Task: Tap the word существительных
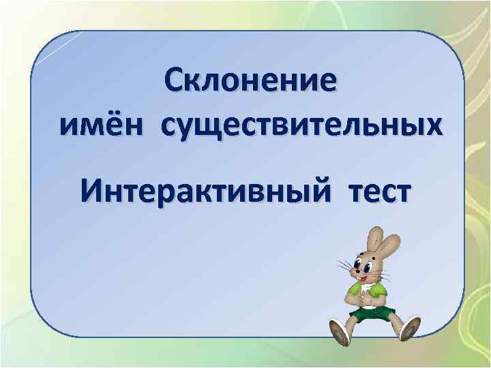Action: [300, 127]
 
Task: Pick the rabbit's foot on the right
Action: [410, 328]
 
